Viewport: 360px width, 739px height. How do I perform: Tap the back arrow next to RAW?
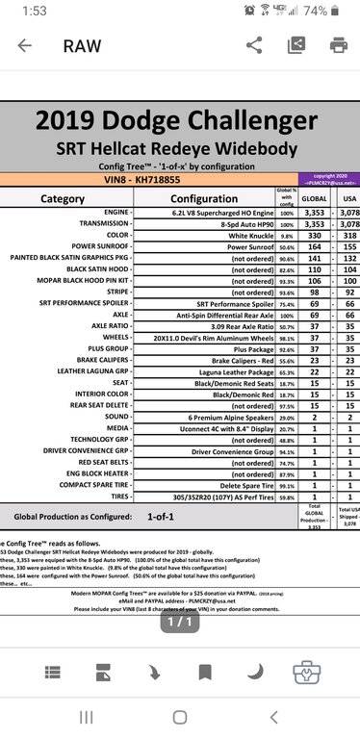tap(24, 45)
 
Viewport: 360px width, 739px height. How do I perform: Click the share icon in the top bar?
tap(254, 45)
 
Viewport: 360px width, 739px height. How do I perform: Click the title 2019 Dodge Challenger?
tap(179, 148)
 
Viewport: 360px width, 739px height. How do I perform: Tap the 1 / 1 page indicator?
tap(179, 624)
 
